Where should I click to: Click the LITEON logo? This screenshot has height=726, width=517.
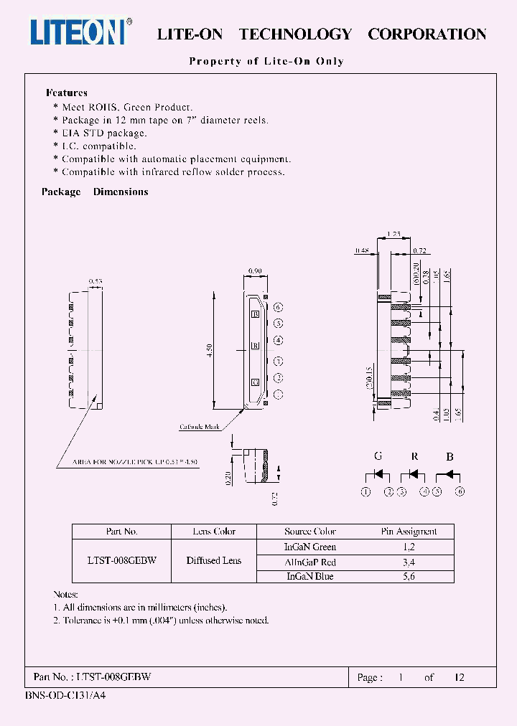pyautogui.click(x=80, y=32)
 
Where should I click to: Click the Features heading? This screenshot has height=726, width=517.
pyautogui.click(x=66, y=93)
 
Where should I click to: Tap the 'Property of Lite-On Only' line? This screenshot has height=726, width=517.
pyautogui.click(x=266, y=61)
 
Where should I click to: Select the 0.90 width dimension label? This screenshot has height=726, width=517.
pyautogui.click(x=254, y=270)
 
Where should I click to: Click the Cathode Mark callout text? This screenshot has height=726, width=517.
pyautogui.click(x=200, y=428)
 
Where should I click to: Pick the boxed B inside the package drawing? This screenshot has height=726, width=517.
pyautogui.click(x=254, y=313)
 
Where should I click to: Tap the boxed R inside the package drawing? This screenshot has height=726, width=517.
pyautogui.click(x=254, y=346)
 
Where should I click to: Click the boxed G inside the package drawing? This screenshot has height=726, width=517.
pyautogui.click(x=254, y=382)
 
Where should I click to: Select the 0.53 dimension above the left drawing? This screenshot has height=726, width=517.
pyautogui.click(x=95, y=281)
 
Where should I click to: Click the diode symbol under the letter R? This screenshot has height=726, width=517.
pyautogui.click(x=414, y=475)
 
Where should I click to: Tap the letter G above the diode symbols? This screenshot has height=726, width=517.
pyautogui.click(x=378, y=456)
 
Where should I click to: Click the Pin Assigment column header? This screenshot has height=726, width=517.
pyautogui.click(x=409, y=532)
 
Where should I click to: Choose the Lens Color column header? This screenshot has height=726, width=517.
pyautogui.click(x=214, y=532)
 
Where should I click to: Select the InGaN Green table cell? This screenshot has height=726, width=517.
pyautogui.click(x=310, y=547)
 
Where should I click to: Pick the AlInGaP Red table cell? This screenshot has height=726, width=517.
pyautogui.click(x=310, y=562)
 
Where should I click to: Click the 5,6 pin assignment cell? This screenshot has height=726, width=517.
pyautogui.click(x=409, y=576)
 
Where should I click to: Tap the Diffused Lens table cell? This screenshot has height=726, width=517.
pyautogui.click(x=214, y=561)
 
